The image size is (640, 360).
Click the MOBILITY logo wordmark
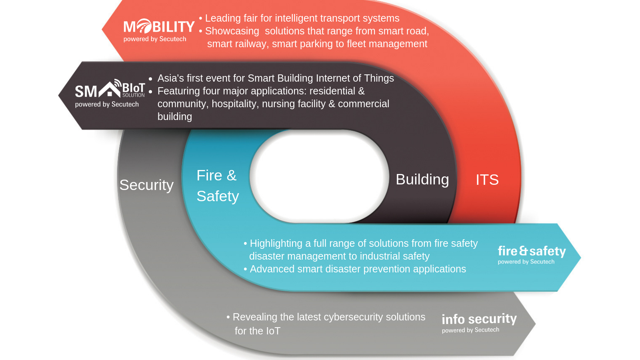point(159,26)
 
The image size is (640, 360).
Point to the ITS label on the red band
point(487,180)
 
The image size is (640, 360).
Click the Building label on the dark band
point(422,180)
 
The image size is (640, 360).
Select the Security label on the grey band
point(146,185)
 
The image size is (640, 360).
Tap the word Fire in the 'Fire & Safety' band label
point(209,176)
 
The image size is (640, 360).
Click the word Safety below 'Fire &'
point(218,196)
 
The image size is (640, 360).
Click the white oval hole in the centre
point(319,176)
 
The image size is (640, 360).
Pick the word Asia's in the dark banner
point(170,78)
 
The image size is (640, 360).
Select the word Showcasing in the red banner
point(232,31)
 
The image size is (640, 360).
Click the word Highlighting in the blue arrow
point(276,244)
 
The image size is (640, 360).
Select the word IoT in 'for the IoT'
point(273,331)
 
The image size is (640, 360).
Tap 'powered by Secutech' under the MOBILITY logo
point(154,39)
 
